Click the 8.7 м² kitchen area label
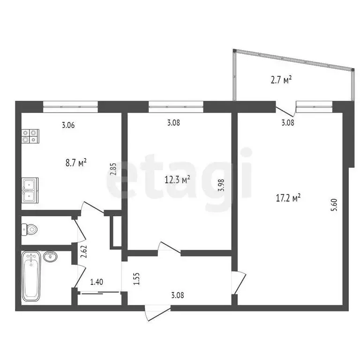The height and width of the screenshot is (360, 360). pyautogui.click(x=75, y=163)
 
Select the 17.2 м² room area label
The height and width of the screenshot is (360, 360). pyautogui.click(x=287, y=198)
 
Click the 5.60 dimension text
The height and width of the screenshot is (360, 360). pyautogui.click(x=334, y=205)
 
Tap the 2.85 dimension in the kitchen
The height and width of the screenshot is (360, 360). pyautogui.click(x=112, y=168)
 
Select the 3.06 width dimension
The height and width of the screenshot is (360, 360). pyautogui.click(x=68, y=125)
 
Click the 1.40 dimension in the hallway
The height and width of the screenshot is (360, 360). pyautogui.click(x=97, y=282)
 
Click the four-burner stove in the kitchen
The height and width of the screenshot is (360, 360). pyautogui.click(x=30, y=136)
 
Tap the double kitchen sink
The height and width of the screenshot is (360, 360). pyautogui.click(x=30, y=190)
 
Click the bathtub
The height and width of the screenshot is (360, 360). pyautogui.click(x=31, y=277)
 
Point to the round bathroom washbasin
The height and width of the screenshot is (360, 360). pyautogui.click(x=50, y=256)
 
